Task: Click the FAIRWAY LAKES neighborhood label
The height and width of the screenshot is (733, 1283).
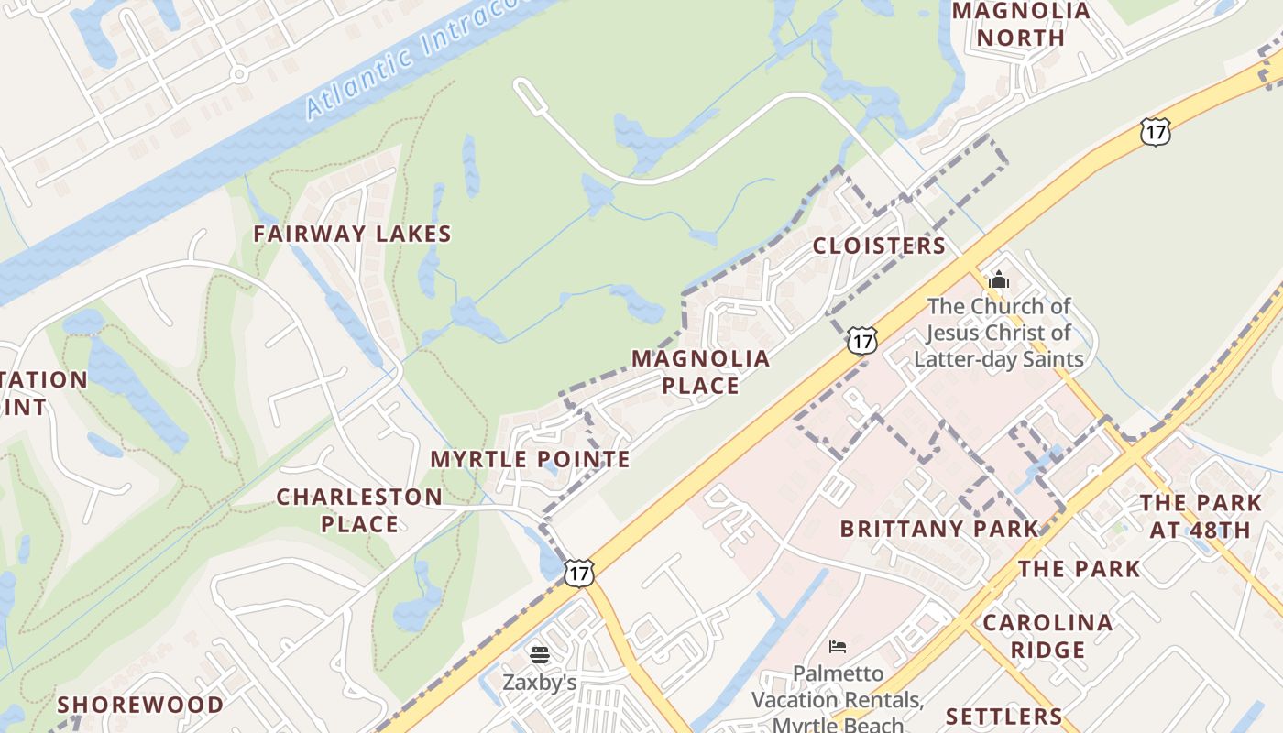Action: pyautogui.click(x=353, y=234)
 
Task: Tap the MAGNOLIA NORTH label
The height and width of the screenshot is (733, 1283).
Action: pyautogui.click(x=1021, y=25)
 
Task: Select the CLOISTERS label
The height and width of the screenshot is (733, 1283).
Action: pyautogui.click(x=879, y=246)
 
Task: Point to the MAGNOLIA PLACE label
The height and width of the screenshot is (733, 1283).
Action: pyautogui.click(x=701, y=371)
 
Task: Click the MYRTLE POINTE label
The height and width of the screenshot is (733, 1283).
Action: pyautogui.click(x=531, y=459)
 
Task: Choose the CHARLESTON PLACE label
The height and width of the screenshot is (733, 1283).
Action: pyautogui.click(x=359, y=510)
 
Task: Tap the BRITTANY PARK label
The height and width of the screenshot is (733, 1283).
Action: pyautogui.click(x=940, y=529)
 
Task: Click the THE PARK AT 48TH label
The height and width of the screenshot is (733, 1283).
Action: pyautogui.click(x=1201, y=516)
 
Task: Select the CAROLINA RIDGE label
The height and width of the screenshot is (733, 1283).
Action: pyautogui.click(x=1047, y=636)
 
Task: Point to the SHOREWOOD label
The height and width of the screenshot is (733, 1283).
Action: pyautogui.click(x=140, y=705)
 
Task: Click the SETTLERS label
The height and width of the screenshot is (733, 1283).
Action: pyautogui.click(x=1003, y=716)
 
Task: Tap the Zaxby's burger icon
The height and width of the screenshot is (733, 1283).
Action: pyautogui.click(x=540, y=655)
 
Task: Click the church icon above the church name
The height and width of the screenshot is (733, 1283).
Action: pyautogui.click(x=999, y=279)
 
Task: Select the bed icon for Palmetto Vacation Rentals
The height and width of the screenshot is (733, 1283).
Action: pyautogui.click(x=838, y=647)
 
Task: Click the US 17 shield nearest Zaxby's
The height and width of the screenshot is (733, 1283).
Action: pyautogui.click(x=579, y=574)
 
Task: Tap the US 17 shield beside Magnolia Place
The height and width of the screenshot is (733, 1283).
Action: pyautogui.click(x=861, y=341)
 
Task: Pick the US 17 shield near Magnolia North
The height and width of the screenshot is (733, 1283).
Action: pyautogui.click(x=1156, y=132)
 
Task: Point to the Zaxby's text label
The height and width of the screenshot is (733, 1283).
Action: pyautogui.click(x=539, y=683)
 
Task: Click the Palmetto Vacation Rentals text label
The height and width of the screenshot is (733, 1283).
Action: pyautogui.click(x=838, y=699)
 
